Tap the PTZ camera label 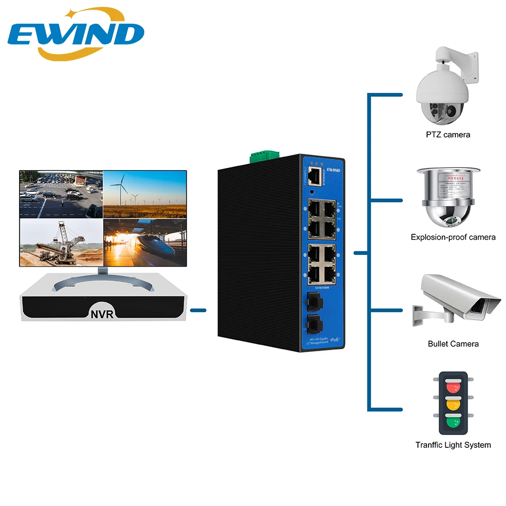[448, 135]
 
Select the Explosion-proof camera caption [453, 237]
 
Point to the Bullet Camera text [453, 344]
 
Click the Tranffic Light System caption [453, 445]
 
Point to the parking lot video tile [61, 194]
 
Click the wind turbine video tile [145, 194]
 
